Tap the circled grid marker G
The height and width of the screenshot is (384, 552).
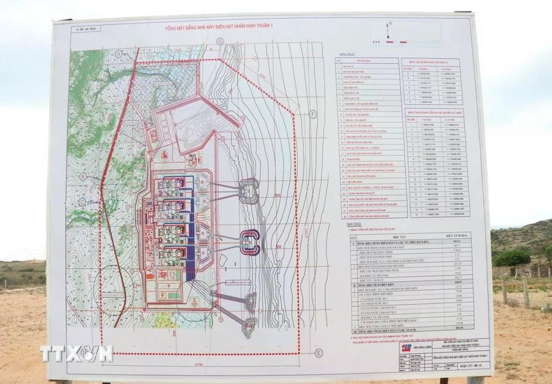tap(219, 42)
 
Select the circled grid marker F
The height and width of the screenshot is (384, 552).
tap(313, 114)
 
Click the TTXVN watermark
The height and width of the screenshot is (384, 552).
tap(76, 353)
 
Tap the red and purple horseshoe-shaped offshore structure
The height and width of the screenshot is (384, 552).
tap(250, 239)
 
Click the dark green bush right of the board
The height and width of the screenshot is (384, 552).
tap(513, 258)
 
